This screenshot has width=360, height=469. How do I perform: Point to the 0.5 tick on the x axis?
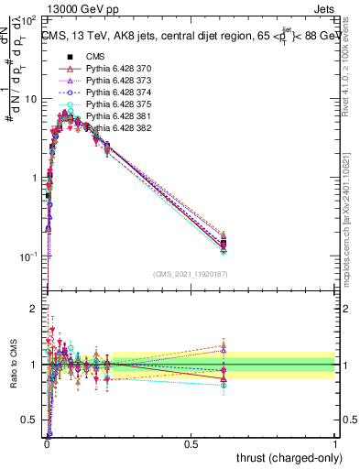tap(191, 443)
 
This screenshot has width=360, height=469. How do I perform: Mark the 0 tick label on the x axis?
tap(47, 443)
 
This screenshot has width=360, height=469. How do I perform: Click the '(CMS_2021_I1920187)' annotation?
tap(190, 274)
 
